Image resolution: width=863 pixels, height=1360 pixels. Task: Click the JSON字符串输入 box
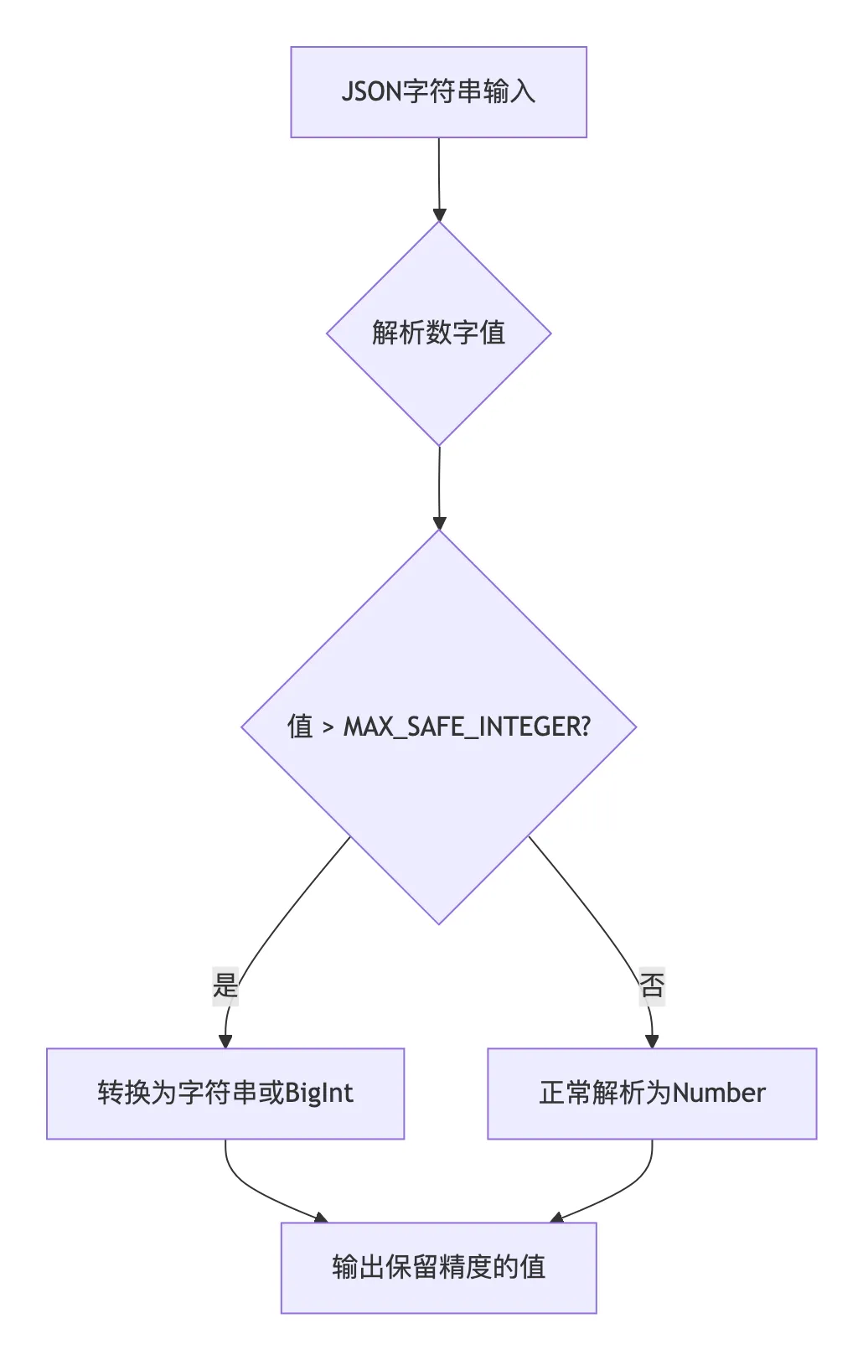click(438, 92)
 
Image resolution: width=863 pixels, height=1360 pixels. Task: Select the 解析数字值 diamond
click(438, 333)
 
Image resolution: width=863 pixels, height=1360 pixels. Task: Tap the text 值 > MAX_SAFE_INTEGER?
click(438, 727)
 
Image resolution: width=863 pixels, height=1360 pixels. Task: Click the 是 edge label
click(225, 985)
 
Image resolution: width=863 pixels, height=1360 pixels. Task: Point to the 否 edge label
click(652, 985)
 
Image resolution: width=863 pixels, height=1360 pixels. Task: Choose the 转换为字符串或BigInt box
click(225, 1094)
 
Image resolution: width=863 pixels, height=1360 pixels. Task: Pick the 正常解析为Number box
click(652, 1094)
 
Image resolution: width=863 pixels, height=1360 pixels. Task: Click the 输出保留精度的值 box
click(438, 1267)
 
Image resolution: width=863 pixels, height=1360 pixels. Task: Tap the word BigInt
click(319, 1094)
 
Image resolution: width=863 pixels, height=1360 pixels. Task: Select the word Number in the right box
click(719, 1094)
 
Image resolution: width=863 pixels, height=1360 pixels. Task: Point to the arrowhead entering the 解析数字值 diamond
click(439, 215)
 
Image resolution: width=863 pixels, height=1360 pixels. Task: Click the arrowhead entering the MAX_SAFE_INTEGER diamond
click(439, 523)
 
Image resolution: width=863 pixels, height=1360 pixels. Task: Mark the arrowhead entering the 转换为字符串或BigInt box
click(225, 1041)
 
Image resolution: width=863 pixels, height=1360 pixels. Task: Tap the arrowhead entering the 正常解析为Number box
click(652, 1041)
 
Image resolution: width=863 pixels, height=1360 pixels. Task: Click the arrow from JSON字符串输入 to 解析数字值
click(438, 176)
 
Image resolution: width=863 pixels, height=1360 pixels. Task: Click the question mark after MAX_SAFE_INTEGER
click(585, 727)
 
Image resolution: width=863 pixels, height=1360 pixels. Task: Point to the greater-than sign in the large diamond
click(328, 727)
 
